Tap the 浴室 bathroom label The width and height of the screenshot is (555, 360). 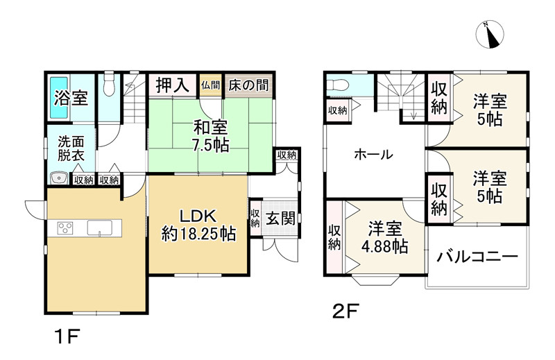coord(71,97)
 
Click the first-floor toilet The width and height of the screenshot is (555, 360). coord(108,86)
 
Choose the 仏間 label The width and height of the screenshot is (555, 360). coord(211,85)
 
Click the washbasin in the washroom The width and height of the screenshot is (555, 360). coord(58,179)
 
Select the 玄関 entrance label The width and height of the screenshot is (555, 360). coord(280,219)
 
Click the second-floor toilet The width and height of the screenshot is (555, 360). coord(337,86)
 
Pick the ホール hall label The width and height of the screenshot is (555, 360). coord(373,154)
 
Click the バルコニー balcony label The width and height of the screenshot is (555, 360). coord(478,257)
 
